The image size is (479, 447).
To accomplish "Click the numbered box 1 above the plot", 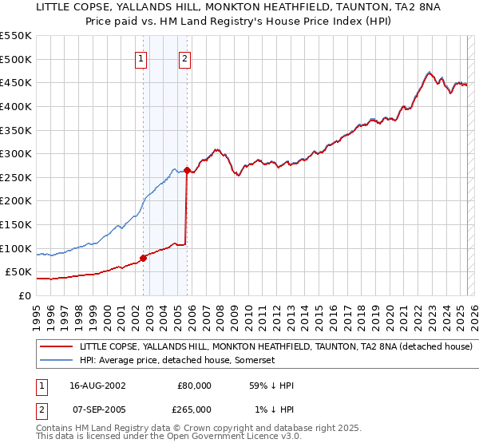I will tap(141, 58).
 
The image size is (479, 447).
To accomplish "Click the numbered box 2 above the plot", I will tap(184, 58).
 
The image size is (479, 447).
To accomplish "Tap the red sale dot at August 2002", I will tap(143, 258).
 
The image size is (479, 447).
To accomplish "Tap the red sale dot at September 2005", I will tap(187, 170).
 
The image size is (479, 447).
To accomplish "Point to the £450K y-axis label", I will tap(16, 83).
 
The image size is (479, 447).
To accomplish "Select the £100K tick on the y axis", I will tap(16, 248).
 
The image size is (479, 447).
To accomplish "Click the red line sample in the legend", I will tap(56, 347).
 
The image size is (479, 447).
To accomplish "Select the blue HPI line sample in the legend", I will tap(56, 361).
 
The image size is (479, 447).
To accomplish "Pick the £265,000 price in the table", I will tap(194, 409).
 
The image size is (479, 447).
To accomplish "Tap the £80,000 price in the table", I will tap(194, 386).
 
